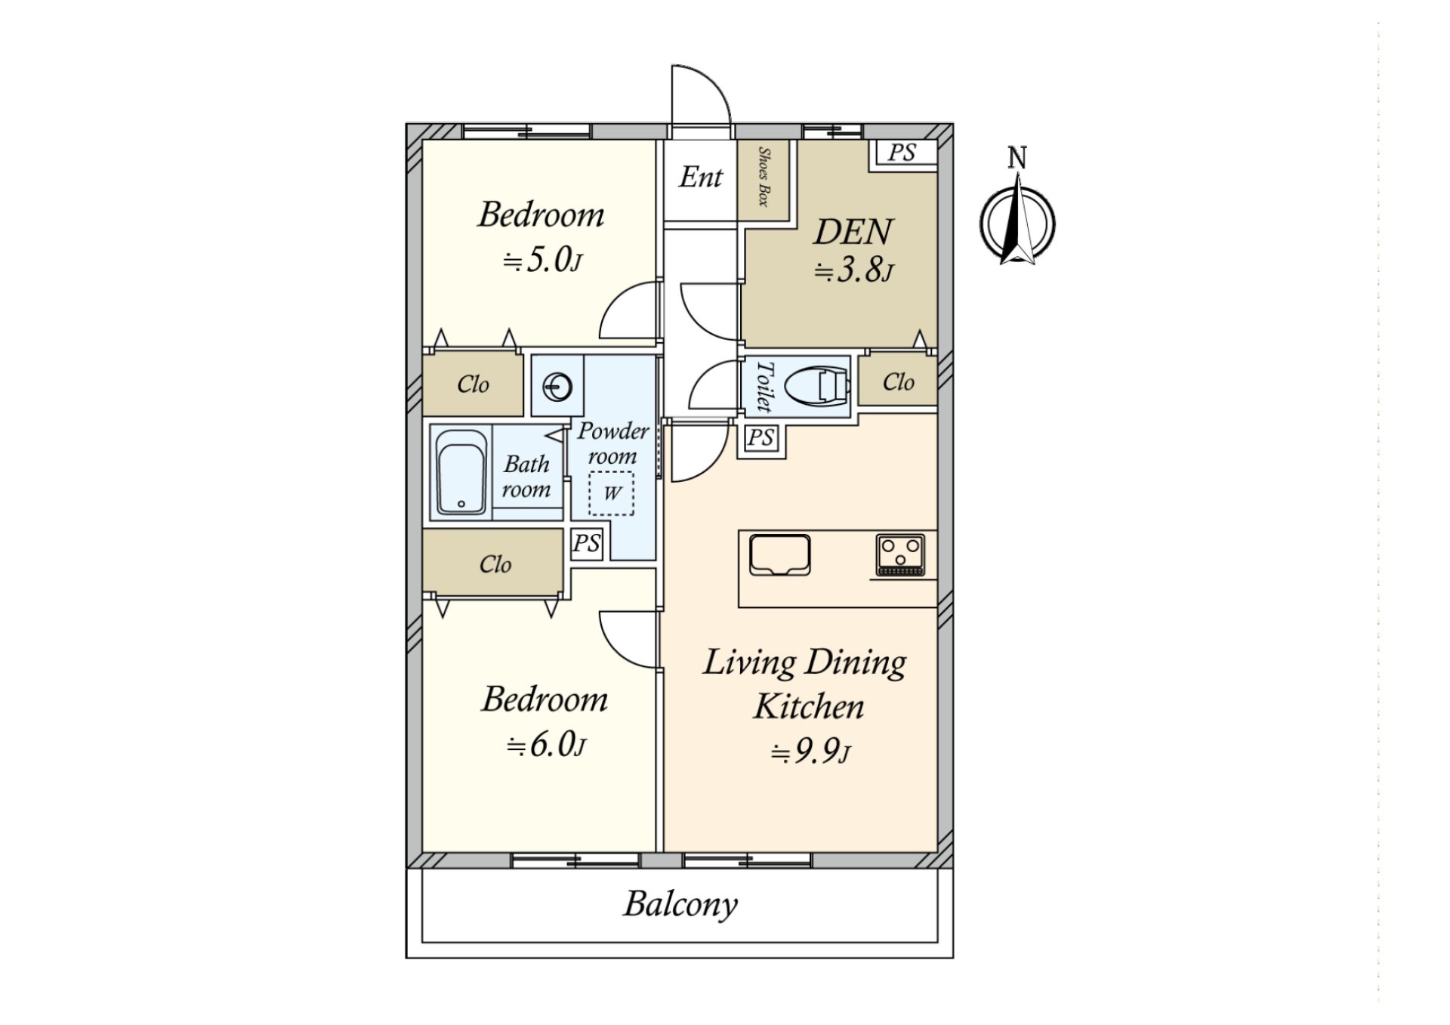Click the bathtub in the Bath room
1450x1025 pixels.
(461, 473)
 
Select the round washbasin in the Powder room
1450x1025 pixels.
(557, 387)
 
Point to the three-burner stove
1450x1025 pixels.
(901, 555)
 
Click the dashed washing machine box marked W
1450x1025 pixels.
(611, 494)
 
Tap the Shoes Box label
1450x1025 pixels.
(764, 178)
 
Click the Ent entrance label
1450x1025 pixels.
(700, 178)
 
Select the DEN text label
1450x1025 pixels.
(853, 232)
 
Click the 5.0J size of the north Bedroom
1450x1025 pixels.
(543, 261)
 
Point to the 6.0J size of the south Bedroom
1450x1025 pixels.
(547, 745)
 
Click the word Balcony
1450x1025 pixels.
(680, 904)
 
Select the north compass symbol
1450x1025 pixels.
(1017, 223)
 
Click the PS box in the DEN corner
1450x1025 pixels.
(902, 153)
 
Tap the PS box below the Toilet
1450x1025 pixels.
(760, 437)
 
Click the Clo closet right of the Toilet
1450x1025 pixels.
(898, 382)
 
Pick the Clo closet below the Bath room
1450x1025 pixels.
(495, 564)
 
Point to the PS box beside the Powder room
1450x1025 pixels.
(587, 544)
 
